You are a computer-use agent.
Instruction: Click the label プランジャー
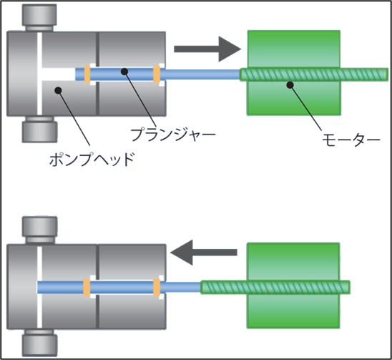(173, 134)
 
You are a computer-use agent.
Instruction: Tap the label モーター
(351, 140)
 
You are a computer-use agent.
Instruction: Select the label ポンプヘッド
(92, 159)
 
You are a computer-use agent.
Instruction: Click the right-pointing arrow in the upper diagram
(207, 49)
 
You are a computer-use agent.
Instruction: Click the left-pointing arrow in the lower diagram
(203, 253)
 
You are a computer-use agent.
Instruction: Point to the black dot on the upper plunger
(124, 72)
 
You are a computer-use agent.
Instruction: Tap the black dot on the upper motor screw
(290, 85)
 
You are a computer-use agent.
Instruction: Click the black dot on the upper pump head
(58, 90)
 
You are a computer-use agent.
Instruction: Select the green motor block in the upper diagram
(294, 73)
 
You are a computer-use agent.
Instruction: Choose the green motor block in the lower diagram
(293, 286)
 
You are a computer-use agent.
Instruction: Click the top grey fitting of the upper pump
(39, 17)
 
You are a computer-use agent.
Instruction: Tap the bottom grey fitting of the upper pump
(39, 130)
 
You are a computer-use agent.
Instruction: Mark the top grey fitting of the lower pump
(39, 230)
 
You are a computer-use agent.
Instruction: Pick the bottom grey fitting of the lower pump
(39, 343)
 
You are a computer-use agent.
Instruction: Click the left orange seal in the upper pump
(87, 74)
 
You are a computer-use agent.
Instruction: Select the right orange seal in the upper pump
(157, 74)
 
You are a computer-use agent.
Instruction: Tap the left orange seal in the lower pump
(87, 287)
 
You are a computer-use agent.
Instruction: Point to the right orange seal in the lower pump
(157, 287)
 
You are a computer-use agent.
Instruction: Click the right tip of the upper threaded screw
(388, 74)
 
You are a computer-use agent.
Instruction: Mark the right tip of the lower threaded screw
(350, 287)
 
